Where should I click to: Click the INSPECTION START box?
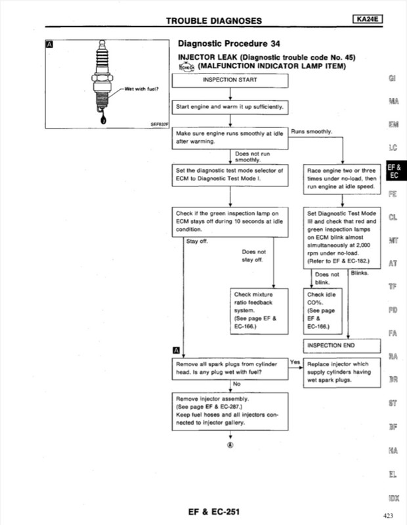(230, 80)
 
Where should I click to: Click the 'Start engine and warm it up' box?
(230, 106)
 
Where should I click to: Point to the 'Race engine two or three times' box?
(343, 178)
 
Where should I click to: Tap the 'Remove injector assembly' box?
(230, 411)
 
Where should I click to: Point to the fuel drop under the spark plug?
(100, 120)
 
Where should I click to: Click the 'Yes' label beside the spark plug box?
(295, 362)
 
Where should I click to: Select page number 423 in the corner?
(387, 515)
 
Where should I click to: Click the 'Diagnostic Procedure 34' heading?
(229, 44)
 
